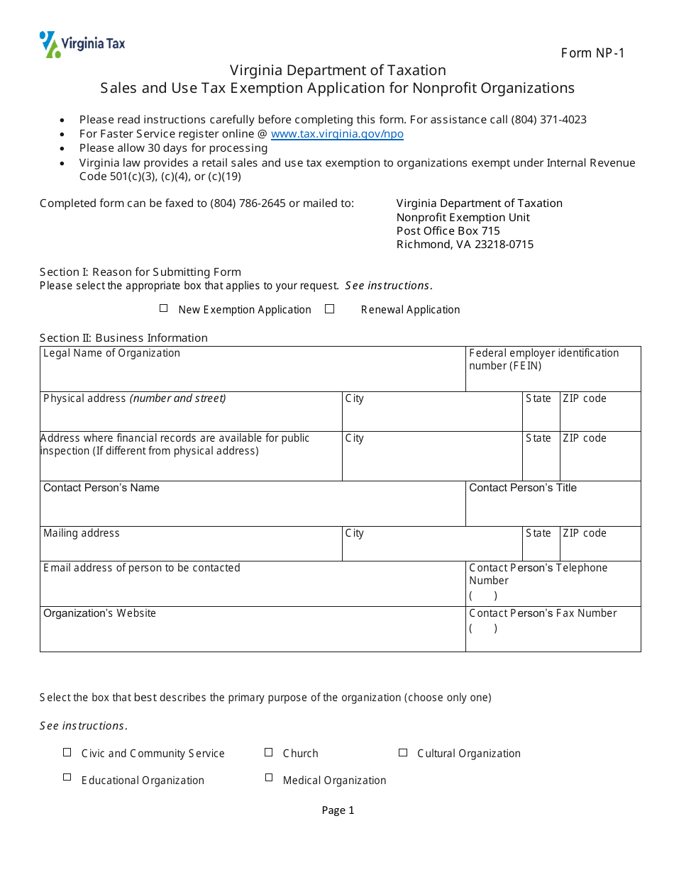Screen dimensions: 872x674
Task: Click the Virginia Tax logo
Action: [x=82, y=44]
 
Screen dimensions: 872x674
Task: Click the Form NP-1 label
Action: [x=592, y=53]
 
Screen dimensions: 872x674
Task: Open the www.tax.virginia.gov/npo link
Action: [x=337, y=134]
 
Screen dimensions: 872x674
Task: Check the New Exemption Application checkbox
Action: [x=164, y=308]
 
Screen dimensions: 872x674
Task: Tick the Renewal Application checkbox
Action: [x=329, y=308]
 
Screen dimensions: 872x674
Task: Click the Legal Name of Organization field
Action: [x=252, y=374]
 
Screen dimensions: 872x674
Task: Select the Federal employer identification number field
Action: [x=553, y=380]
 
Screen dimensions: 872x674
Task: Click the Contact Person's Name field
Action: [x=252, y=509]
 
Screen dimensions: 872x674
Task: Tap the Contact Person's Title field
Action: [x=553, y=509]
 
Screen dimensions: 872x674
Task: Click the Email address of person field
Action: [x=252, y=588]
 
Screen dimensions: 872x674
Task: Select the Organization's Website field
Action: [x=252, y=634]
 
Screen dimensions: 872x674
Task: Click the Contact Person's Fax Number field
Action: [x=553, y=635]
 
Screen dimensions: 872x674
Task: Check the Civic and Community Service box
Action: [x=67, y=752]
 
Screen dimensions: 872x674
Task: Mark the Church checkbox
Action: [x=269, y=752]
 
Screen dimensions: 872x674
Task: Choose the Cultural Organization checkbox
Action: [x=403, y=752]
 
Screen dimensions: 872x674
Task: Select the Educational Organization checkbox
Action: [x=67, y=777]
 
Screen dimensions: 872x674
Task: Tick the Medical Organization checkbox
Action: [x=269, y=777]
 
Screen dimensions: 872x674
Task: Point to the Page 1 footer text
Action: [x=338, y=810]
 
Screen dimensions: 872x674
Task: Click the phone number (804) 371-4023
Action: [x=548, y=120]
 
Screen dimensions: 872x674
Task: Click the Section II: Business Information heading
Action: [x=123, y=338]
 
